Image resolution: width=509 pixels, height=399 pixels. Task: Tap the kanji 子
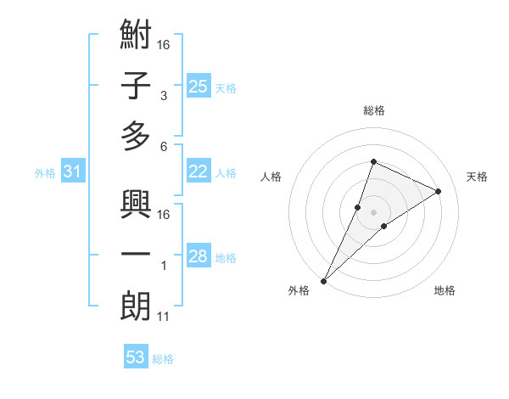tap(136, 87)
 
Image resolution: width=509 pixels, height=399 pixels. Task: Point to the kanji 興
tap(136, 206)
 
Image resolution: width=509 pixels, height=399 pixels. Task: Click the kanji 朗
tap(136, 307)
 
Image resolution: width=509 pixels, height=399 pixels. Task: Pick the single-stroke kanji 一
tap(136, 256)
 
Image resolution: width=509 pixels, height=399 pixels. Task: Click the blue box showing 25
tap(198, 86)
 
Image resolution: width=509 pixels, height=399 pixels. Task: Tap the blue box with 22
tap(198, 171)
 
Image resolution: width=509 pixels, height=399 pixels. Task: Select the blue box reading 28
tap(198, 256)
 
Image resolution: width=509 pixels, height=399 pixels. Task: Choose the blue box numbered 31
tap(72, 172)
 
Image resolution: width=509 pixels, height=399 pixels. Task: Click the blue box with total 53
tap(135, 357)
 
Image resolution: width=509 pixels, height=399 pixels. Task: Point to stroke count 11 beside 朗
tap(164, 317)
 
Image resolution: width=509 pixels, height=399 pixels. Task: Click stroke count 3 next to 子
tap(164, 96)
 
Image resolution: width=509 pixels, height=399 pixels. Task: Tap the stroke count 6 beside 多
tap(164, 146)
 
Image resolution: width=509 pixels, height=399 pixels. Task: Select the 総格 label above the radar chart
tap(373, 111)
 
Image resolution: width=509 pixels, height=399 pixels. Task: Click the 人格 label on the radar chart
tap(271, 177)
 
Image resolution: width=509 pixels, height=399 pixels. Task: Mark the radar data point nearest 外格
tap(324, 280)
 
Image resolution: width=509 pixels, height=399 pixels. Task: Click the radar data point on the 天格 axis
tap(439, 191)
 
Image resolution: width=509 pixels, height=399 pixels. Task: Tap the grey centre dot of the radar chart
tap(373, 211)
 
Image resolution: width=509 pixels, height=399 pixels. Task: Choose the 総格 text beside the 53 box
tap(163, 359)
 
